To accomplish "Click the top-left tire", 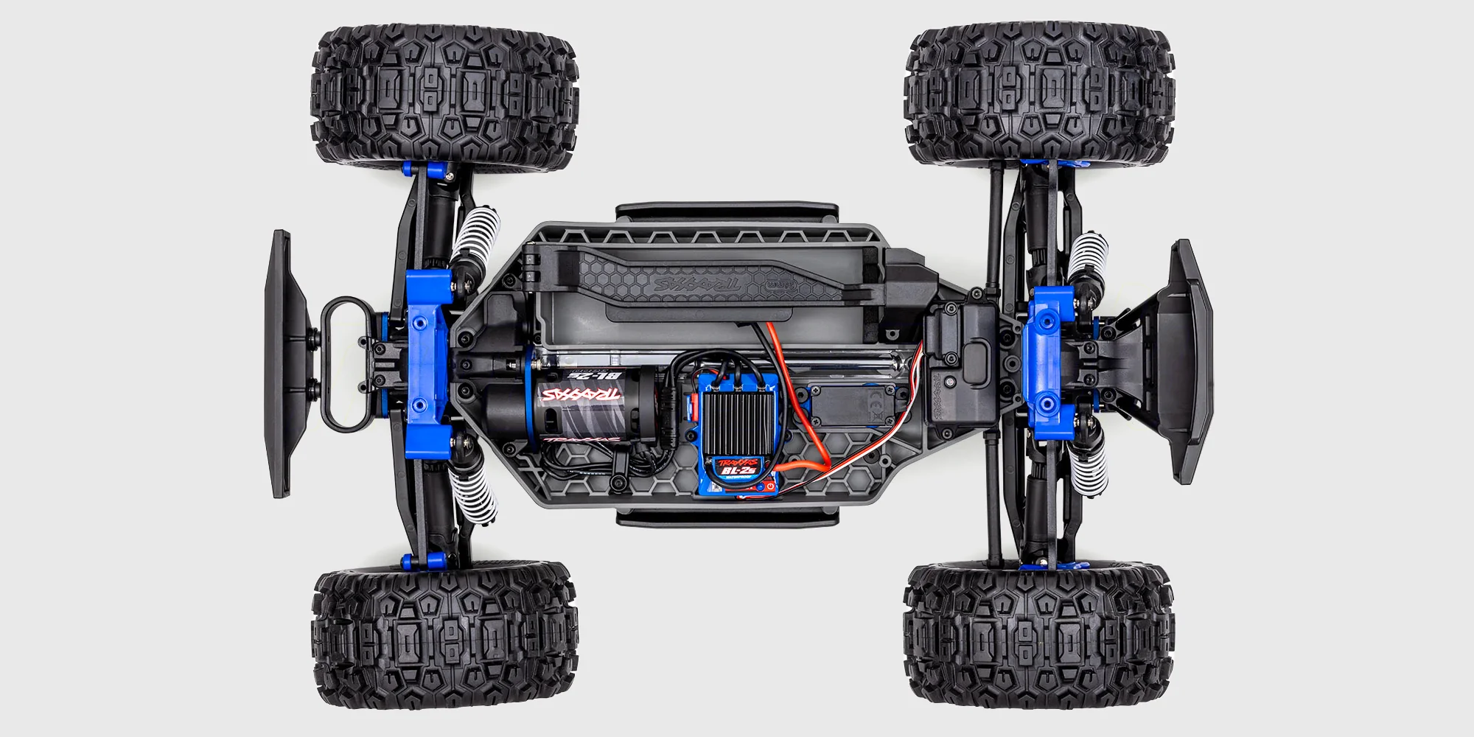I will pyautogui.click(x=444, y=96).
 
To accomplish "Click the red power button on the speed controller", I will pyautogui.click(x=768, y=486).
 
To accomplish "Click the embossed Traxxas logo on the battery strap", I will pyautogui.click(x=696, y=284).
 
